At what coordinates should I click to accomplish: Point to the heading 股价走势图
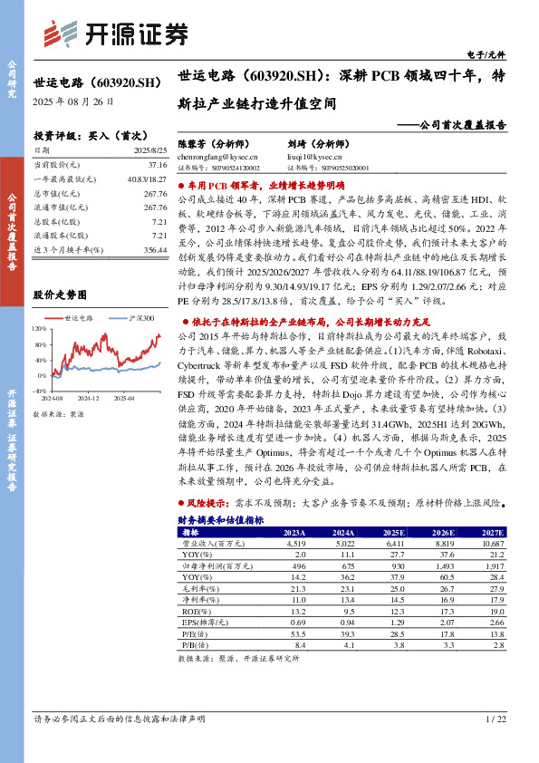60,295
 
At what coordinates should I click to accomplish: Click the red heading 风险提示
209,500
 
